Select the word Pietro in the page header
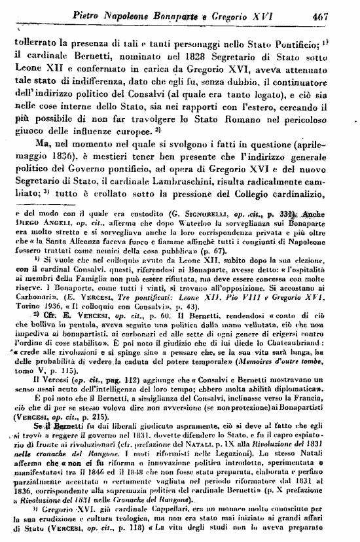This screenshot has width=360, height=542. (92, 12)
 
